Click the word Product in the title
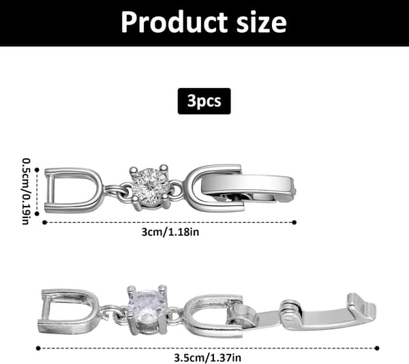175,22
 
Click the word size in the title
261,22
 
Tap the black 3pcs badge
204,101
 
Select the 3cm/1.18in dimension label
170,232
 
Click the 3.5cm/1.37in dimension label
208,357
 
